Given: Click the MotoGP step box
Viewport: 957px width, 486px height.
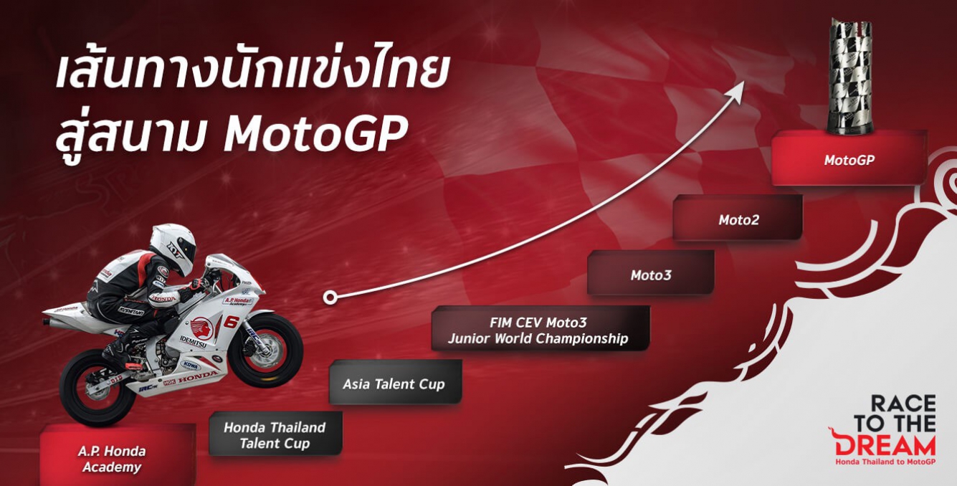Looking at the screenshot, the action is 849,158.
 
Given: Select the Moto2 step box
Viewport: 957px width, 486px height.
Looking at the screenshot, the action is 738,217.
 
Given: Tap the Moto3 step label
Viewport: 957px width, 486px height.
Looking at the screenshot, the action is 651,275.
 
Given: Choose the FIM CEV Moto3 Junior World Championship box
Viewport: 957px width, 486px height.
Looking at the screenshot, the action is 541,328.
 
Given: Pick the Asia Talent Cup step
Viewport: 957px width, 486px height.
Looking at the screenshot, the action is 396,382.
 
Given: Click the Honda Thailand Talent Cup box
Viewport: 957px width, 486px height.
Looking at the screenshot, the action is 275,434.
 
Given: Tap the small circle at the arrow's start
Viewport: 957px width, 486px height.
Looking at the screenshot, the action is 329,297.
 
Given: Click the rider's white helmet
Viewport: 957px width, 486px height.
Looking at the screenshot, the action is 173,248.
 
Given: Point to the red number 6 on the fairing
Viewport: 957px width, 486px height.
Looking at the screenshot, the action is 231,322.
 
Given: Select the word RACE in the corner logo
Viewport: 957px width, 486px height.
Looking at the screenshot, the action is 903,404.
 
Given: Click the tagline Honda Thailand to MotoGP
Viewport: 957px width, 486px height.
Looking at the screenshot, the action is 885,462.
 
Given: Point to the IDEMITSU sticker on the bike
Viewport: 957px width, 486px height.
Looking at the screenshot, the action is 193,342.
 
